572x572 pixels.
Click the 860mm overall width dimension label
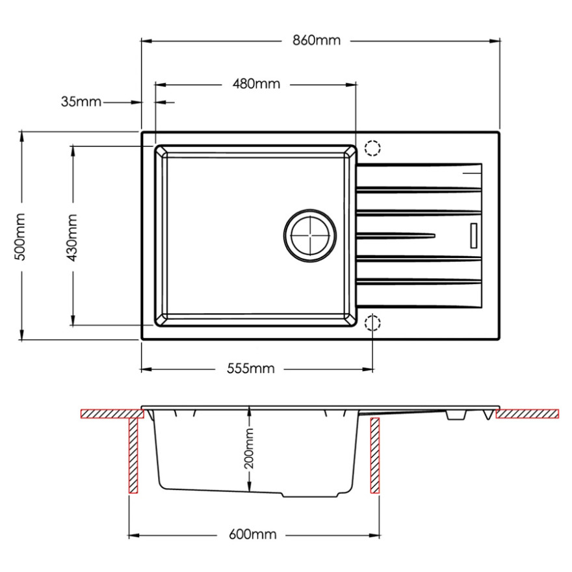pyautogui.click(x=317, y=40)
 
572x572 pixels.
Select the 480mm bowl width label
pyautogui.click(x=256, y=84)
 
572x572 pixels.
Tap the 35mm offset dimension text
pyautogui.click(x=81, y=102)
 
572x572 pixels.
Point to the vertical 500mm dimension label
pyautogui.click(x=19, y=237)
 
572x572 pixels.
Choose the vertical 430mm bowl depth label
pyautogui.click(x=72, y=237)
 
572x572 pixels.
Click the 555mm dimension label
pyautogui.click(x=251, y=369)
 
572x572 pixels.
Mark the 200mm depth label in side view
pyautogui.click(x=249, y=448)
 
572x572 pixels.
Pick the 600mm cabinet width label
pyautogui.click(x=252, y=535)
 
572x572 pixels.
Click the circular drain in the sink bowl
pyautogui.click(x=310, y=236)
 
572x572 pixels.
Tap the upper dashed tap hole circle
pyautogui.click(x=372, y=148)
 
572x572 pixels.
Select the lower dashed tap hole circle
pyautogui.click(x=372, y=322)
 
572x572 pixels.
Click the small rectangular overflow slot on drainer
pyautogui.click(x=474, y=236)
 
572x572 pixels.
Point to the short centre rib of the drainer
pyautogui.click(x=396, y=235)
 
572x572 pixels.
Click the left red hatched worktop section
pyautogui.click(x=112, y=413)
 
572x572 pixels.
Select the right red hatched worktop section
pyautogui.click(x=528, y=413)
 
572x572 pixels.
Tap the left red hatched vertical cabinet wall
pyautogui.click(x=133, y=456)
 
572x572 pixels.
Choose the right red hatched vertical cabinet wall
pyautogui.click(x=374, y=456)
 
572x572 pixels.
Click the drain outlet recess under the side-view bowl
pyautogui.click(x=311, y=495)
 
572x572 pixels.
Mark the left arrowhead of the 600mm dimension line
pyautogui.click(x=134, y=536)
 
